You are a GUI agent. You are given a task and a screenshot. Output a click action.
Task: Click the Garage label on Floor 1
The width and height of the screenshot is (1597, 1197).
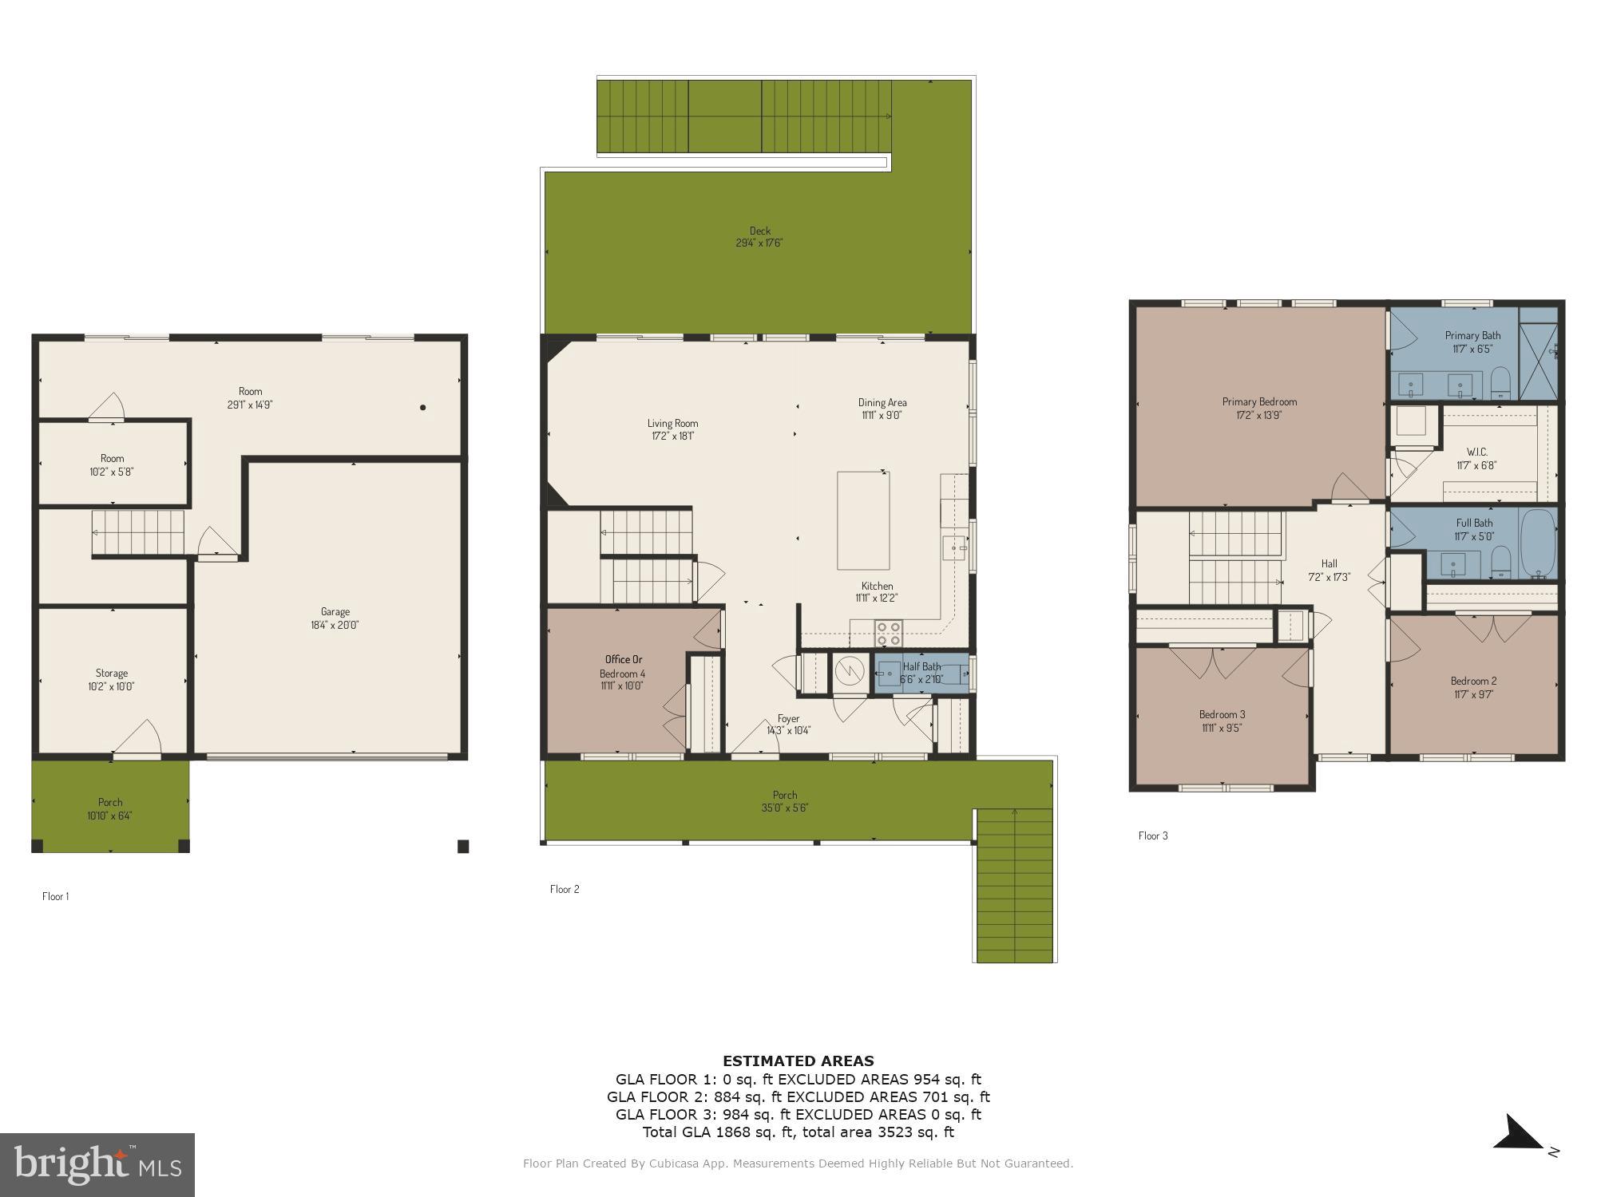(335, 612)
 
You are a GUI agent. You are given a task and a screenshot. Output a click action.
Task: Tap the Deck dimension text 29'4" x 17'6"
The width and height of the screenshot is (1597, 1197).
(759, 243)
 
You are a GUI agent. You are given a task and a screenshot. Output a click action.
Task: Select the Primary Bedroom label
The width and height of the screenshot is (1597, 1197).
(1259, 402)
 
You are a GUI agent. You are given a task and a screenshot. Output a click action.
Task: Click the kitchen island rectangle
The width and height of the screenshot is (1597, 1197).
(863, 520)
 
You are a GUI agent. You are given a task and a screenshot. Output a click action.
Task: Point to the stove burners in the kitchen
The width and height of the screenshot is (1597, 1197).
(888, 633)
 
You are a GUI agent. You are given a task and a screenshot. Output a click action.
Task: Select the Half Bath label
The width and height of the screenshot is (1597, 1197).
(921, 666)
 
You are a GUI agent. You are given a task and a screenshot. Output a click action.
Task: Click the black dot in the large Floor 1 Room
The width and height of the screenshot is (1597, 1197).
(423, 408)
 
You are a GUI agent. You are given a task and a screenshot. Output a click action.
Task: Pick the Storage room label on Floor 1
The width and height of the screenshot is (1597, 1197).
(112, 674)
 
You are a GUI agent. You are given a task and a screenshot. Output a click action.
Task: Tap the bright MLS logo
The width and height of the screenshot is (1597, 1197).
(97, 1164)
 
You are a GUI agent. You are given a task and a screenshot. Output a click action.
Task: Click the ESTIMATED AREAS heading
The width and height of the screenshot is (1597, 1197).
(798, 1061)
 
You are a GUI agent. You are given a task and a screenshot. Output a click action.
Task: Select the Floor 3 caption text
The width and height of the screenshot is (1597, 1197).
(1152, 836)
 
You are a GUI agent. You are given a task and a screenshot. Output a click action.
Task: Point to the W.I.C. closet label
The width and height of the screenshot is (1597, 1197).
(1476, 452)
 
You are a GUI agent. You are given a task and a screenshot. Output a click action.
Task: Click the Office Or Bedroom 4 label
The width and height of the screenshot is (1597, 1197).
(623, 666)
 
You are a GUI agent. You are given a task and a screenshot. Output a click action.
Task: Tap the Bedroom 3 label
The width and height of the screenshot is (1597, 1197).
(1222, 715)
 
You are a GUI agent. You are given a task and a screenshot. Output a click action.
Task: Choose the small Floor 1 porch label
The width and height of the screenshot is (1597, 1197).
(110, 803)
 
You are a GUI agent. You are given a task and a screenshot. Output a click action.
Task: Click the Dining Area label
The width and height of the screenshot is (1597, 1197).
(882, 403)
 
